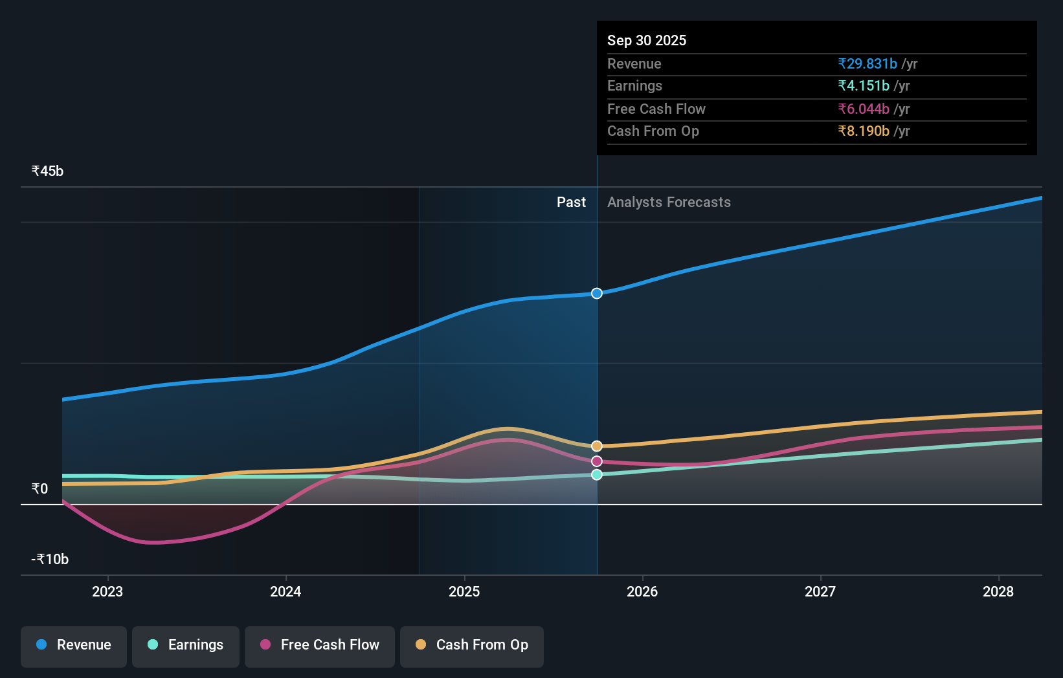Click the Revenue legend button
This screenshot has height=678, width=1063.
(74, 646)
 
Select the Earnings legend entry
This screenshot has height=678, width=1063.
(186, 646)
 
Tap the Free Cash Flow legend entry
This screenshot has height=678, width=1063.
(320, 646)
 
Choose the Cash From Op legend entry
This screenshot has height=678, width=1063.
(472, 646)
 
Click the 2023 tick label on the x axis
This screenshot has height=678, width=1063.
(107, 592)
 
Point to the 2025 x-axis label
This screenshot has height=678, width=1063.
(464, 592)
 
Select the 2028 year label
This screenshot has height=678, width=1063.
(998, 592)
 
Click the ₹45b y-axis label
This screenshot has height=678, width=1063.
(48, 171)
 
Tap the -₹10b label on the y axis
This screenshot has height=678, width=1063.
(50, 560)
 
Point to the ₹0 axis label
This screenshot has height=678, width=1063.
(40, 489)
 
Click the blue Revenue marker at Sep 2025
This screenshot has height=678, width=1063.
(597, 294)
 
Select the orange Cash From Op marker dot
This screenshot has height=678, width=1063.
(597, 446)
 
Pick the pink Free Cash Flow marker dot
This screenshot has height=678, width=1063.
(597, 461)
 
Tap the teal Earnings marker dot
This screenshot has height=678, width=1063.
(597, 475)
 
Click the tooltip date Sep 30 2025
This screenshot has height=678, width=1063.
(647, 41)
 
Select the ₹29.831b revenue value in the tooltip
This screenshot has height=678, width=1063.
(867, 64)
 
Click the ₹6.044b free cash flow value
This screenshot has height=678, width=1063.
(864, 109)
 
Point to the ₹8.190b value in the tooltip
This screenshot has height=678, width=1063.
(864, 131)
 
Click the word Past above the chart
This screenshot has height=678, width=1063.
(571, 202)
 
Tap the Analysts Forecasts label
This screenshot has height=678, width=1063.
(669, 202)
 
